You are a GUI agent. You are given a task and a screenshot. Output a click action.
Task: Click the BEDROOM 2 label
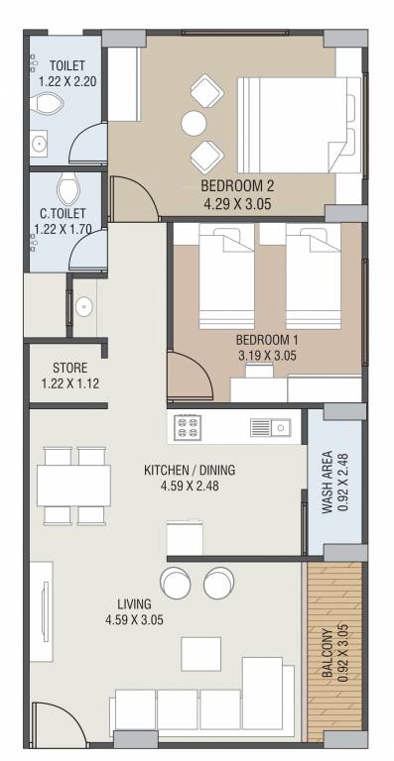tap(236, 186)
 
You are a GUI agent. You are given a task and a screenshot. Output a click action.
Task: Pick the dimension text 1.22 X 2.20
tap(68, 83)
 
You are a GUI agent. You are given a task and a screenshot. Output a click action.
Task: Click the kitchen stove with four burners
tap(188, 427)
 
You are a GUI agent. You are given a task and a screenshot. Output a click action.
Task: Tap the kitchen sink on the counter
tap(270, 427)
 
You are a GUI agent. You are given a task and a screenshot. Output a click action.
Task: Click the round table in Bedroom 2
tap(194, 122)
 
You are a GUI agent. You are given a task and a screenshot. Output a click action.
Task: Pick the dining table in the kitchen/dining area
tap(74, 486)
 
